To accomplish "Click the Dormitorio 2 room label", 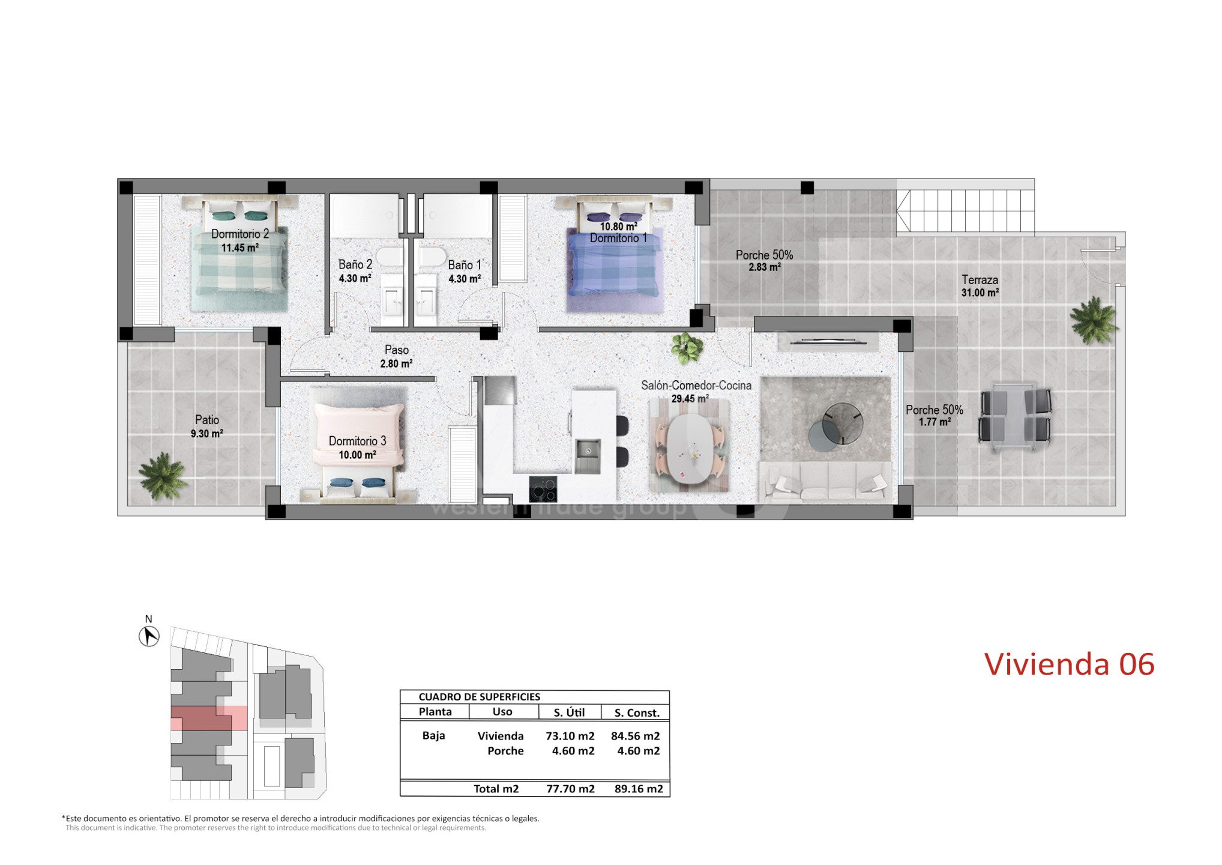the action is coord(240,234).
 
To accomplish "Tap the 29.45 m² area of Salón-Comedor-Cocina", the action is coord(690,399).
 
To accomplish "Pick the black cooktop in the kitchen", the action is coord(543,489).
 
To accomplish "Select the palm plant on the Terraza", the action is coord(1094,320).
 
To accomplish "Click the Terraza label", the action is coord(980,280).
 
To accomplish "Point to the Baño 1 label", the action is coord(465,265).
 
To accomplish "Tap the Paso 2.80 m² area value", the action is coord(396,363).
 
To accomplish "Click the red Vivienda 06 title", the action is coord(1070,664).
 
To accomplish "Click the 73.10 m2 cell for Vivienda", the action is coord(570,736).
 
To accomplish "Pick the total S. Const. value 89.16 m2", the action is coord(639,789).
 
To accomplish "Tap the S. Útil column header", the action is coord(569,712).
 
